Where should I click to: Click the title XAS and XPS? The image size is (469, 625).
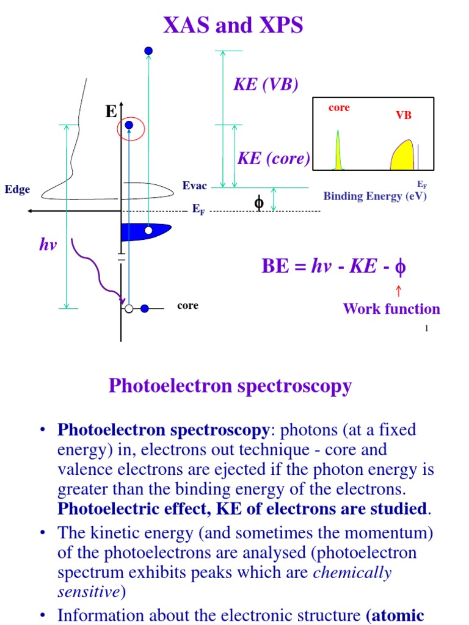(233, 26)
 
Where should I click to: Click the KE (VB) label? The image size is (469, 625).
(266, 85)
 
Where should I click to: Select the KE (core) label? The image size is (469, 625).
(273, 159)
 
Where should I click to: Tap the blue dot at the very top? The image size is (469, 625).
(148, 51)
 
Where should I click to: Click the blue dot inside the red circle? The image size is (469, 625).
(128, 126)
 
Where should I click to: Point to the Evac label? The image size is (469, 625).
(194, 186)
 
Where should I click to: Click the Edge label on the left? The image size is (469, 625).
(17, 190)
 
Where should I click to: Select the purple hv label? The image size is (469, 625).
(48, 244)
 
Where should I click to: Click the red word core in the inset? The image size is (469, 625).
(339, 107)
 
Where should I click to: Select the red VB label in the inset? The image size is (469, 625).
(404, 115)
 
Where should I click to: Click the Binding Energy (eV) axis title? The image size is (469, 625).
(375, 196)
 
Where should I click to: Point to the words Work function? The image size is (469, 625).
(391, 309)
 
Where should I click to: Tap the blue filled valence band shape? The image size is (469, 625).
(144, 231)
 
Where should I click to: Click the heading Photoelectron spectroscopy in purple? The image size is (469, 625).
(230, 386)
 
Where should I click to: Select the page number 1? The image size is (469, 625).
(426, 329)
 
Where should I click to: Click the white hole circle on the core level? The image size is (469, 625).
(129, 309)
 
